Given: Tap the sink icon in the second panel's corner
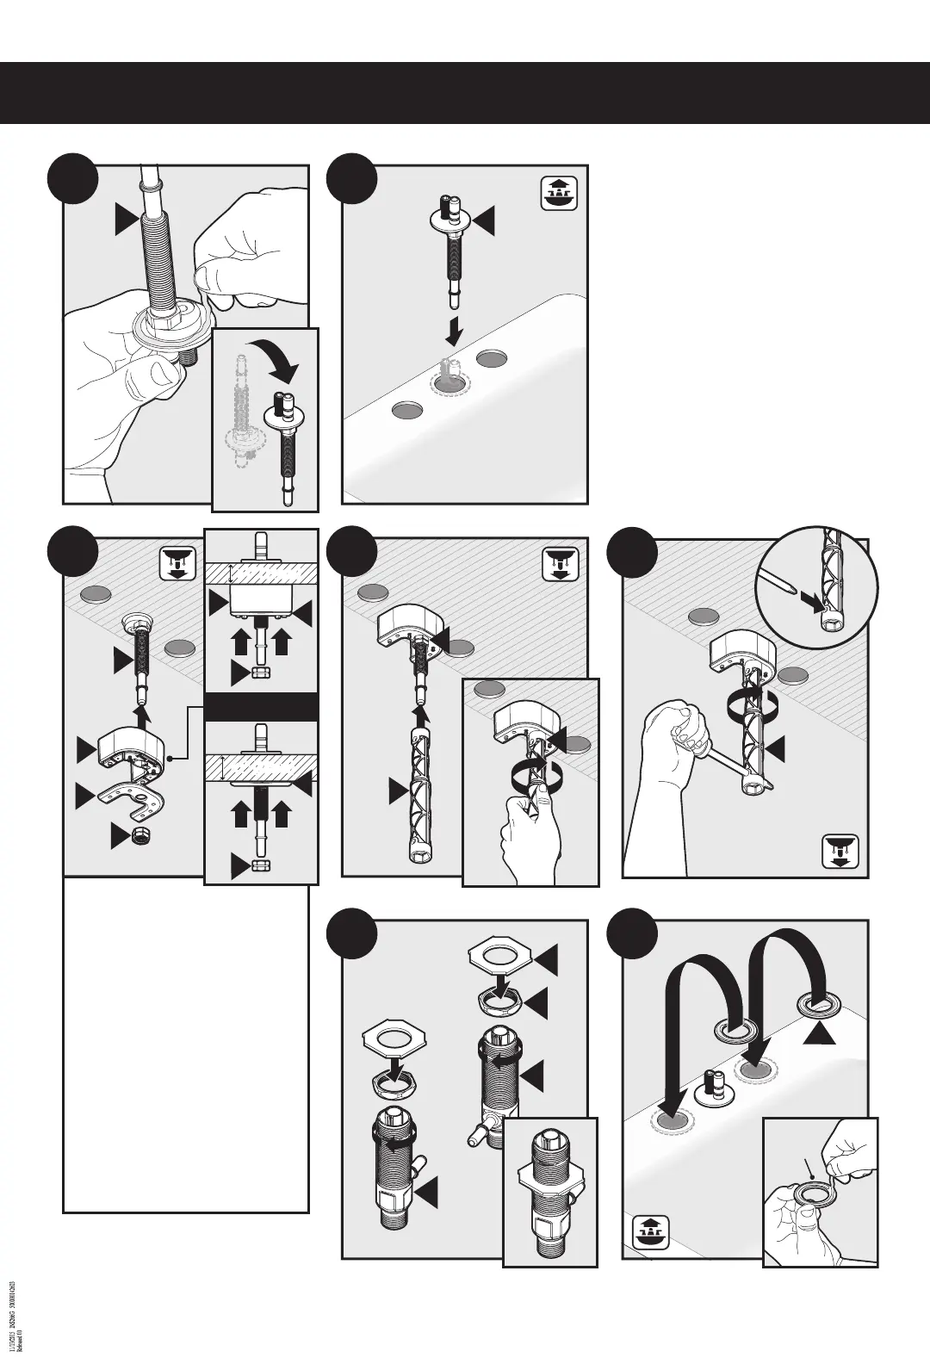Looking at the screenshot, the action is [558, 194].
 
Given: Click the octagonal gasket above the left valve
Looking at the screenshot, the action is [392, 1037].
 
